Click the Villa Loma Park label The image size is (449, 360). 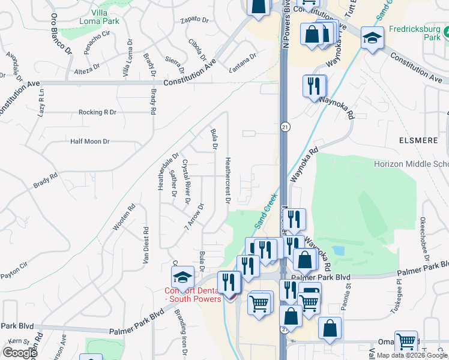click(100, 16)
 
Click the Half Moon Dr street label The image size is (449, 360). click(90, 142)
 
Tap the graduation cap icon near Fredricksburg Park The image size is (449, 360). click(372, 39)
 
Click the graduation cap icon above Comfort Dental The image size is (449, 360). click(182, 277)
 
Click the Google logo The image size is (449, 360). click(20, 353)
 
